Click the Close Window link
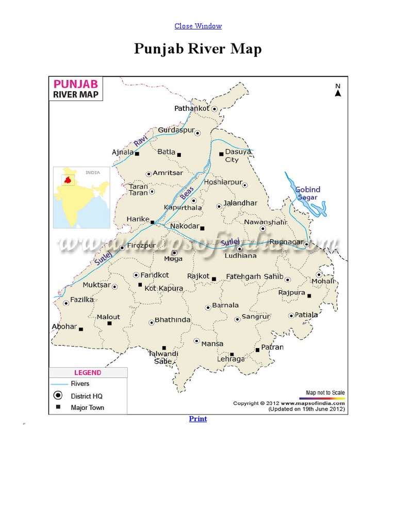198,26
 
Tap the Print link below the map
198,419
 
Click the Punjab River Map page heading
198,49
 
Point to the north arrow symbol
338,93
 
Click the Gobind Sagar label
308,193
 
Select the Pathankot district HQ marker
214,109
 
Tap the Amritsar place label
168,173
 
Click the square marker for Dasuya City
221,153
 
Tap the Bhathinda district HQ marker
152,323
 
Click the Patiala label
307,315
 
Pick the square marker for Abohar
80,329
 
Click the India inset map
82,197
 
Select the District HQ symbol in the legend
58,395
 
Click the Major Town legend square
58,407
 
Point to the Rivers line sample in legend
59,384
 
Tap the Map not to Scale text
325,393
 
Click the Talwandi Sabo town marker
164,348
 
